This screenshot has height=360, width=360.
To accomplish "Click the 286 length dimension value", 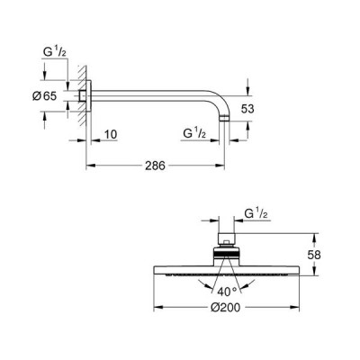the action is point(155,166).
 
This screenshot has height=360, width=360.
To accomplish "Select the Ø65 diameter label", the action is point(44,96).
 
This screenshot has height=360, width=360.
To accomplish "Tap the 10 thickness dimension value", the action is point(110,134).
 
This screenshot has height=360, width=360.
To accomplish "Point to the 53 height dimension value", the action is point(247,109).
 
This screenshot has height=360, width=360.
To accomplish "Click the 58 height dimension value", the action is point(314,255).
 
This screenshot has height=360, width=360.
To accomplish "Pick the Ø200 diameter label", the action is point(225,307).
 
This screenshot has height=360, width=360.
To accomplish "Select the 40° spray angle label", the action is point(227,291).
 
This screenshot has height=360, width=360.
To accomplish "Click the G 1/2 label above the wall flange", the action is point(55,52).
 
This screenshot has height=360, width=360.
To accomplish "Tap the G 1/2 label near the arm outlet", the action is point(194,133).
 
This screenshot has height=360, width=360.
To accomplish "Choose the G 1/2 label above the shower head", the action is point(256,213).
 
